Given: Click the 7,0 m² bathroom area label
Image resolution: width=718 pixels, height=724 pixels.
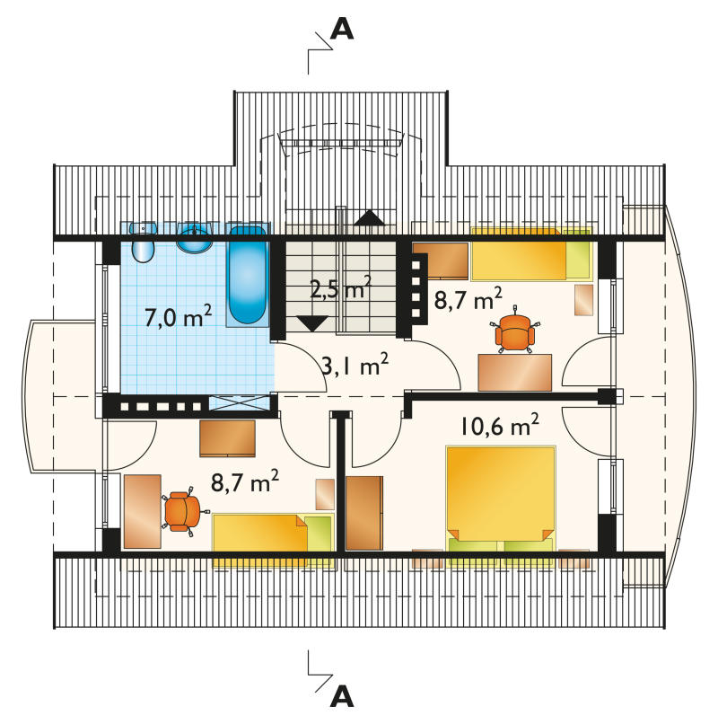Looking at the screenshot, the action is (178, 316).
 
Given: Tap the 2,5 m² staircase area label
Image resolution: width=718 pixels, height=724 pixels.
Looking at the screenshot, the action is (340, 287).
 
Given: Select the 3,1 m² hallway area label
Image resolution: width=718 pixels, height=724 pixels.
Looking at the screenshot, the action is (355, 364).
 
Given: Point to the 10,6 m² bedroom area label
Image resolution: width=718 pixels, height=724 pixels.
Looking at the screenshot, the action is (500, 425).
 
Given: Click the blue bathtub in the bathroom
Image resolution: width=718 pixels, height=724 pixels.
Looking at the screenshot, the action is (248, 276).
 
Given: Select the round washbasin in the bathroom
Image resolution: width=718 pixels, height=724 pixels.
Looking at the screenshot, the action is (195, 238).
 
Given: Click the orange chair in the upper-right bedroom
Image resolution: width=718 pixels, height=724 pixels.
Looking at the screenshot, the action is (514, 331).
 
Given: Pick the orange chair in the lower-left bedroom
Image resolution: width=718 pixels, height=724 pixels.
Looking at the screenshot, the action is (183, 511).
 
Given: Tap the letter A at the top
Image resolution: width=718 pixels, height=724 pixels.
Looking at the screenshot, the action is (342, 30).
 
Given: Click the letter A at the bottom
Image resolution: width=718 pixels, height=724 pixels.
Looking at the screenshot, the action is (342, 698).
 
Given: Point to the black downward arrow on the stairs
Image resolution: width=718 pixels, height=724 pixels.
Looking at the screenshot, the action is (312, 323).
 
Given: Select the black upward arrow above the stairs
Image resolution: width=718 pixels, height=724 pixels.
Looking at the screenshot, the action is (369, 218).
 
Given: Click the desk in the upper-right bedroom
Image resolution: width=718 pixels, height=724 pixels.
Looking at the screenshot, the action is (515, 373).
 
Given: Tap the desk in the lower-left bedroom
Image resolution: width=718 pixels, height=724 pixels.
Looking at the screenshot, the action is (143, 512).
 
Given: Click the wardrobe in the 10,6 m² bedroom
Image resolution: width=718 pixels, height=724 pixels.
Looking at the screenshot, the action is (364, 514).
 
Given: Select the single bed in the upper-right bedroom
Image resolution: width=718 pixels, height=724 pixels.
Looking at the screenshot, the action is (530, 254).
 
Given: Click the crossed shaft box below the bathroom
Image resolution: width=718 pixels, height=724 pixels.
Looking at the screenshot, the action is (239, 403).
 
